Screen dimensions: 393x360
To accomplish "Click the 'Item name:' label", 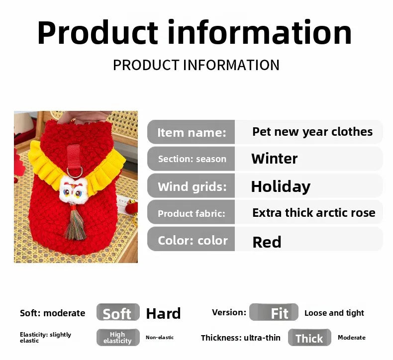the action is tap(192, 133).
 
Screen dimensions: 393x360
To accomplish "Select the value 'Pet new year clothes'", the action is tap(312, 132).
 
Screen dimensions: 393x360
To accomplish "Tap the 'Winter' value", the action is tap(275, 159).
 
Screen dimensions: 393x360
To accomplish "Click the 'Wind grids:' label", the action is tap(192, 186).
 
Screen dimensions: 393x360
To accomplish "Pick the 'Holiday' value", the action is tap(281, 186).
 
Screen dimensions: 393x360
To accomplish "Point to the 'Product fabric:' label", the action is tap(192, 213).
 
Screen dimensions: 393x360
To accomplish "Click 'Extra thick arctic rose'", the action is tap(314, 213).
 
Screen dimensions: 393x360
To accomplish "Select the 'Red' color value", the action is tap(267, 242).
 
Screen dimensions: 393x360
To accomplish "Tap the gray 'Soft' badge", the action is tap(118, 312).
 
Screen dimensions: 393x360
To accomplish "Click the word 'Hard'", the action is tap(163, 313).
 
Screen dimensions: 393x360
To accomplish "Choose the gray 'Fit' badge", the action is tap(274, 312).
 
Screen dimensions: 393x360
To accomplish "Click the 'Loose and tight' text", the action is tap(334, 313).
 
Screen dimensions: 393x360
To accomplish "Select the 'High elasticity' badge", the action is tap(118, 338).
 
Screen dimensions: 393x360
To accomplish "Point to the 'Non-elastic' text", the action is tap(160, 338).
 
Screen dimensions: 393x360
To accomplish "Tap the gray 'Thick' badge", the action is tap(309, 338).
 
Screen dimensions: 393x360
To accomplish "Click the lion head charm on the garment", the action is tap(73, 189).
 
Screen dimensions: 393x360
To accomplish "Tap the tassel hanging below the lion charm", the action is tap(75, 223).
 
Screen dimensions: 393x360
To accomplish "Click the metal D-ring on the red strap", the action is tap(75, 172).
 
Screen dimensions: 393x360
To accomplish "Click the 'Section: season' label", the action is tap(192, 159).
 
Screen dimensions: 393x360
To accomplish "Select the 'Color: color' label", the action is tap(193, 241).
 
